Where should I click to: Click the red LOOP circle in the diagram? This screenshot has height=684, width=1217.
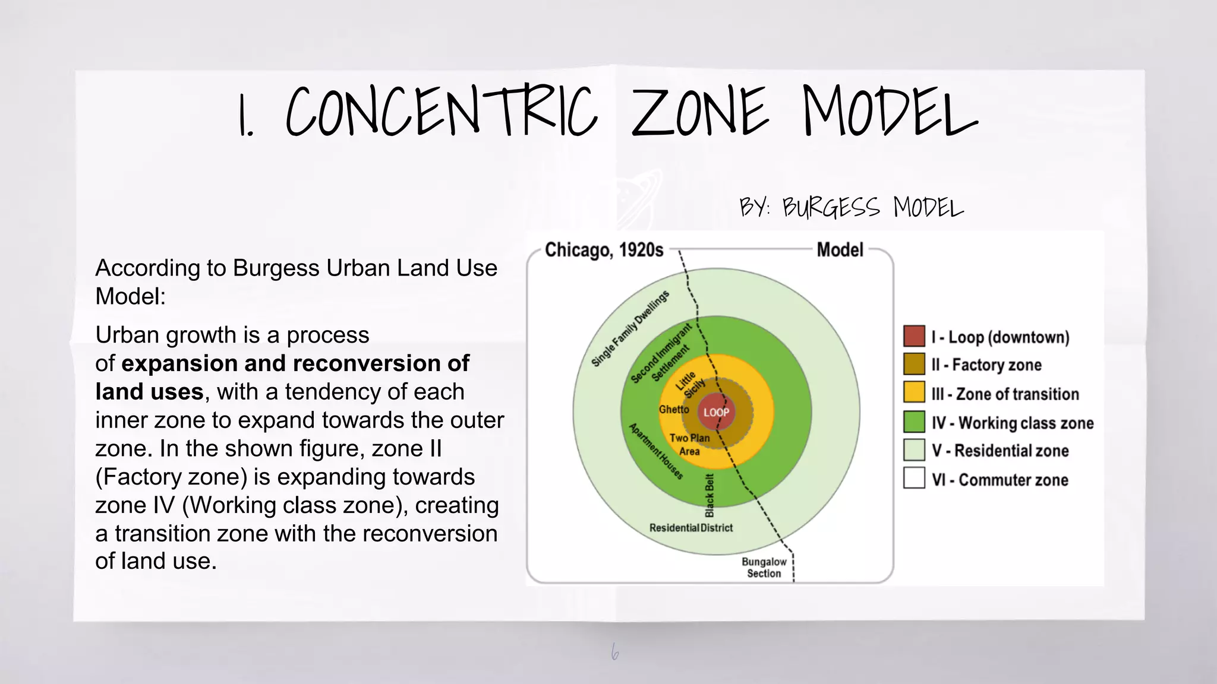[x=716, y=412]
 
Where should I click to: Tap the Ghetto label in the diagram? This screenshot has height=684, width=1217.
[x=674, y=410]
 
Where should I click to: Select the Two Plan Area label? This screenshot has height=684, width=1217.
[x=689, y=444]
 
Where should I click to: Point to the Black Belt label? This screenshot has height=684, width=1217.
[x=710, y=495]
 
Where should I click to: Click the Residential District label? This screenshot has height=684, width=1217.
[x=691, y=528]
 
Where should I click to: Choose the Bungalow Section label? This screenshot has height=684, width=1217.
[x=764, y=567]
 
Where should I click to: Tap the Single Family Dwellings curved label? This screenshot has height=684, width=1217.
[x=630, y=328]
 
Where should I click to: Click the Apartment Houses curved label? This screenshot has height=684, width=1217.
[x=656, y=451]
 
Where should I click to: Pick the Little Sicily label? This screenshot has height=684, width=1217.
[x=690, y=385]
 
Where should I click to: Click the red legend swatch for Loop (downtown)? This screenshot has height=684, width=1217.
[x=914, y=336]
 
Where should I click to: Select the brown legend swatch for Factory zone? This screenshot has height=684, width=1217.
[x=914, y=364]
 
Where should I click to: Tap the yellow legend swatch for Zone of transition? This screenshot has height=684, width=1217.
[x=914, y=392]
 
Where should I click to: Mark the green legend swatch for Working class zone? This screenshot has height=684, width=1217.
[x=914, y=422]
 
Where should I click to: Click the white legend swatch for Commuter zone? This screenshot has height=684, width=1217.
[x=914, y=478]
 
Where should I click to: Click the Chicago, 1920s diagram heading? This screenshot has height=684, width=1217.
[x=604, y=250]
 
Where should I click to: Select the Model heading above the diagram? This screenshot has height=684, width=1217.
[x=840, y=250]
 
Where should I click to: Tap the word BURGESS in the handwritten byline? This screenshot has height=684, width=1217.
[x=831, y=208]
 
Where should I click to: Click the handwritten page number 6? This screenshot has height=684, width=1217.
[x=615, y=653]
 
